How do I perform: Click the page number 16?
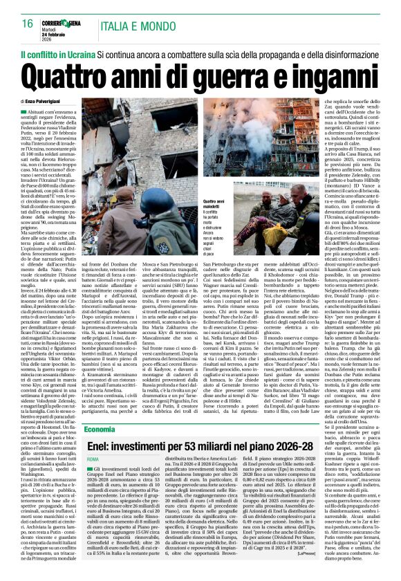click(27, 23)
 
